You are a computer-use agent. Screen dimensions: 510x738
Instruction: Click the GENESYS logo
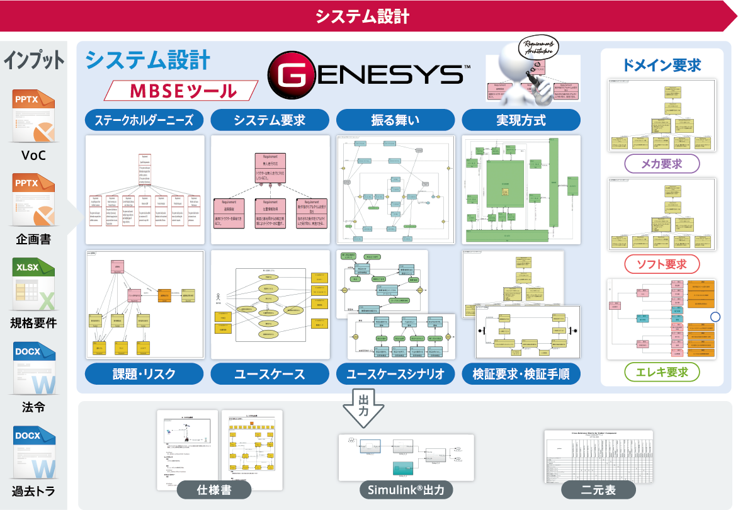367,74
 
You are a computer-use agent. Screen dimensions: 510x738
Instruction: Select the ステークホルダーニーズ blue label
144,120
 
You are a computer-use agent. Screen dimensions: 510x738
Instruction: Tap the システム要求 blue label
270,120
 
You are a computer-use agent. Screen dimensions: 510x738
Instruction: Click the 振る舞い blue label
395,120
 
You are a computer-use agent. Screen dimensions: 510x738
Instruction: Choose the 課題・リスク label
144,373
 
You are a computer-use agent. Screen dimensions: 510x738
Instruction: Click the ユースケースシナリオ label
395,373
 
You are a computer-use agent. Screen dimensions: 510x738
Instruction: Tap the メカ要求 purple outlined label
661,164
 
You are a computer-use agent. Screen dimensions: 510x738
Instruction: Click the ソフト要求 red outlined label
661,264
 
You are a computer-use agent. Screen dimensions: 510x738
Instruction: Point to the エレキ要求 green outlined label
661,371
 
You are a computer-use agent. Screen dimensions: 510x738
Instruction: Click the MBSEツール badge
181,91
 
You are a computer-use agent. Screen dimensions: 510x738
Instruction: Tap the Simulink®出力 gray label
406,490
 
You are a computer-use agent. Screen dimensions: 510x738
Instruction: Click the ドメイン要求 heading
661,65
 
